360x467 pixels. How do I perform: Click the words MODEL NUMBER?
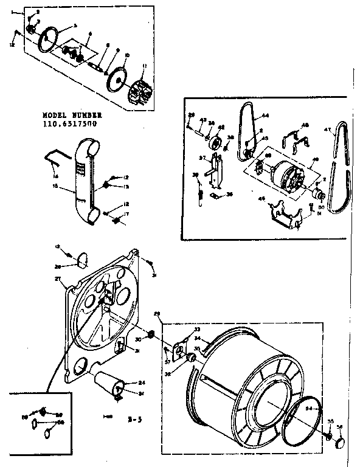tap(72, 115)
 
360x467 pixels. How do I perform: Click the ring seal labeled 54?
tap(298, 426)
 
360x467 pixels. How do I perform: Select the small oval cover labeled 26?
tap(80, 261)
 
